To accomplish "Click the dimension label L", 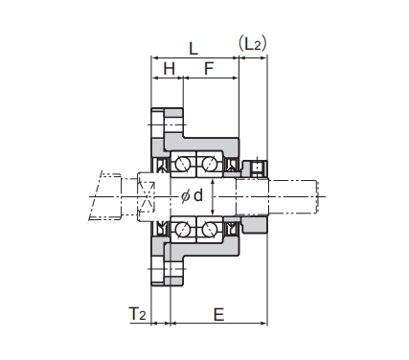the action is [x=193, y=49].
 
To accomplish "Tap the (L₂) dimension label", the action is [x=253, y=44].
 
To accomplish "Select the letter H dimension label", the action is [x=170, y=69].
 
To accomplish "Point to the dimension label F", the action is [x=209, y=69].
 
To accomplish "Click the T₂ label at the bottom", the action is [x=137, y=314].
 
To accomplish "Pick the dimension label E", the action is [x=218, y=315].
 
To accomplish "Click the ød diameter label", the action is [x=192, y=195].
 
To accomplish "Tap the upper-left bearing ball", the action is [x=183, y=164].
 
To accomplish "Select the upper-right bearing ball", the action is [x=209, y=164].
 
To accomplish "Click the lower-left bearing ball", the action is [x=183, y=229].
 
